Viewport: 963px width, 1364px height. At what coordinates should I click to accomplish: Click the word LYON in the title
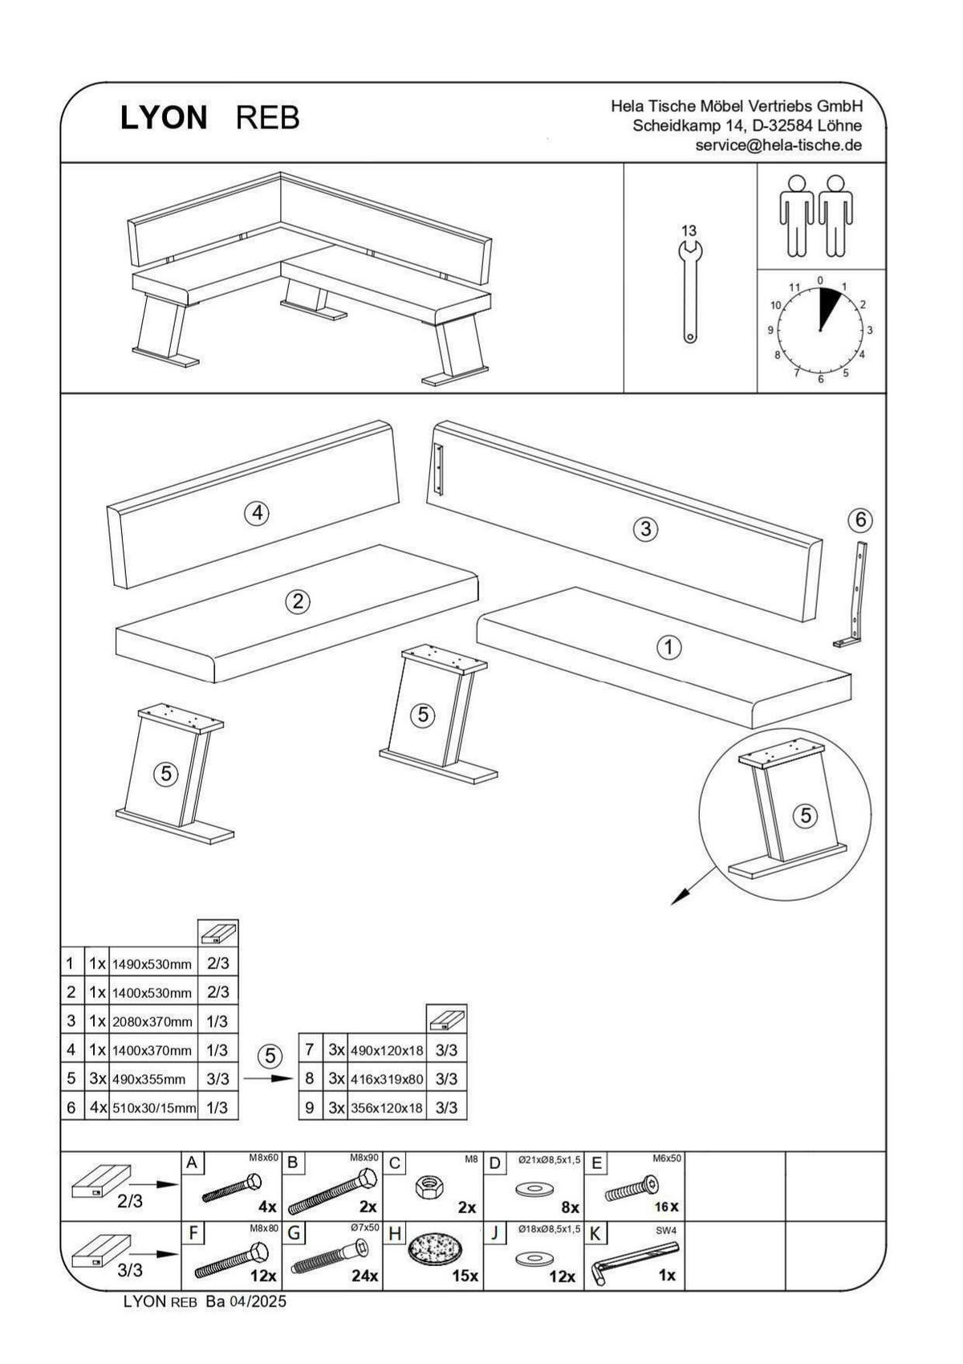pyautogui.click(x=164, y=118)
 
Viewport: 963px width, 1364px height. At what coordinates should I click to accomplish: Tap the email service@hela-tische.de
pyautogui.click(x=778, y=145)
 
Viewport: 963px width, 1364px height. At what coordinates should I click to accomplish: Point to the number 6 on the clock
pyautogui.click(x=820, y=379)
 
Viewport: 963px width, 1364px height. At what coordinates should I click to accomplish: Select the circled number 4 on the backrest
pyautogui.click(x=256, y=512)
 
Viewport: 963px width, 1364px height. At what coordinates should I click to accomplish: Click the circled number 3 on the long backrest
pyautogui.click(x=645, y=529)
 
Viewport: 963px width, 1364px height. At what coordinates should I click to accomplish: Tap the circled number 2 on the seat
pyautogui.click(x=298, y=601)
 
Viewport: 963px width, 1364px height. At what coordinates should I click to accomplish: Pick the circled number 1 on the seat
pyautogui.click(x=668, y=647)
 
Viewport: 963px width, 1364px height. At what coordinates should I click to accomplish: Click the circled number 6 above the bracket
pyautogui.click(x=860, y=520)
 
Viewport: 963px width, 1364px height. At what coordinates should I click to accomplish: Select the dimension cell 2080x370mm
pyautogui.click(x=152, y=1022)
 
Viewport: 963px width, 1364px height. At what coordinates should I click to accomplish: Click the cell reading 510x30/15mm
pyautogui.click(x=153, y=1109)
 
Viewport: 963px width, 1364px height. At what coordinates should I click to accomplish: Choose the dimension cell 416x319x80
pyautogui.click(x=387, y=1079)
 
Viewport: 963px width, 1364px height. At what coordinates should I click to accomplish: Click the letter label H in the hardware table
pyautogui.click(x=394, y=1233)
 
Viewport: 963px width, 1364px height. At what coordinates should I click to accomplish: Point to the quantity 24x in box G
pyautogui.click(x=365, y=1275)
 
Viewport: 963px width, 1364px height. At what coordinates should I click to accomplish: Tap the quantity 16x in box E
pyautogui.click(x=666, y=1207)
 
